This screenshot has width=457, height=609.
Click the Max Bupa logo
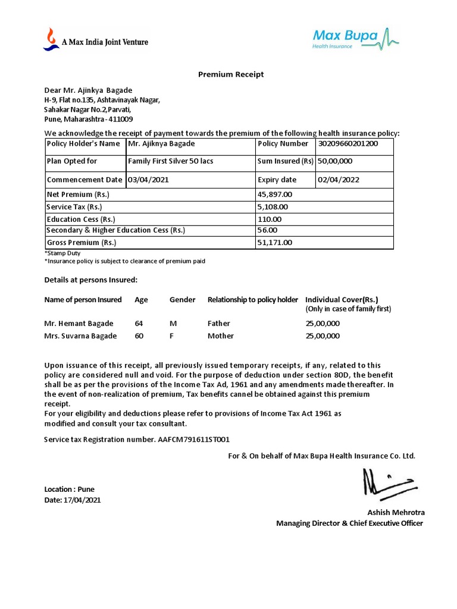pos(356,39)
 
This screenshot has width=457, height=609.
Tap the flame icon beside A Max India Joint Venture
pos(51,39)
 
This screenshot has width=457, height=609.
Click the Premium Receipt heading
pos(230,74)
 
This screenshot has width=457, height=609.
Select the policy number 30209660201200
pos(348,144)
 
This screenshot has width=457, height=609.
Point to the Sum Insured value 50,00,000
pos(335,161)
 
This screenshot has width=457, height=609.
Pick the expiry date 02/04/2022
pos(338,180)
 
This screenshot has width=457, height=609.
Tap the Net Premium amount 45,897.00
pos(274,194)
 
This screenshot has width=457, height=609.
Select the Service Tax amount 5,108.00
pos(272,207)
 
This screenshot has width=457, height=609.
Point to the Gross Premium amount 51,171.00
pos(274,243)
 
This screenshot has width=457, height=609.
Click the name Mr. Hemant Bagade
pos(79,324)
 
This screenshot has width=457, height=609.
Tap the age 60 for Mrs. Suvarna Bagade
pos(139,336)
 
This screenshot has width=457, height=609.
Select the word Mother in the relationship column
pos(220,336)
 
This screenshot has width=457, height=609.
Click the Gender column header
pos(182,300)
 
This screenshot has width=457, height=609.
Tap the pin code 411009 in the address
pos(121,119)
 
